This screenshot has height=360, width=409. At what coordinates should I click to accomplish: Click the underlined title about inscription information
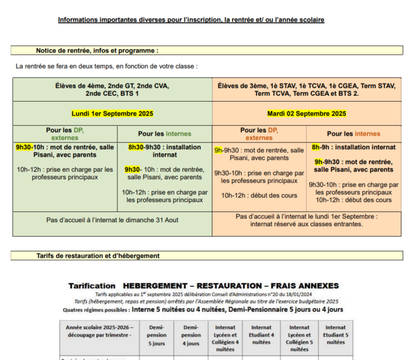click(x=191, y=20)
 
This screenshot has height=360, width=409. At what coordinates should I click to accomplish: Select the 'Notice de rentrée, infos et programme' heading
click(x=97, y=50)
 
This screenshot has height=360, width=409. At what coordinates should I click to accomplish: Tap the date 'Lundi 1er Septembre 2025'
click(x=112, y=113)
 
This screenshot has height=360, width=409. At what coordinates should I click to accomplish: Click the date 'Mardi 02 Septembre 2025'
click(x=307, y=113)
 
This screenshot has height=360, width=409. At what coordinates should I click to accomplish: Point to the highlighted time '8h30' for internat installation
click(x=136, y=148)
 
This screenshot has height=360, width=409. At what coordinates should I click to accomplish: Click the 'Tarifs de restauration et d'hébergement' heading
click(x=98, y=256)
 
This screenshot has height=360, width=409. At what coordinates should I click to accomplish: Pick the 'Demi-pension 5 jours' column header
click(x=157, y=334)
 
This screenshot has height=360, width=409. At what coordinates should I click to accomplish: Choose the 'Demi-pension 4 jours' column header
click(x=191, y=334)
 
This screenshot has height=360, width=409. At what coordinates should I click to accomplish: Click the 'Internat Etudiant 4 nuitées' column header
click(x=261, y=334)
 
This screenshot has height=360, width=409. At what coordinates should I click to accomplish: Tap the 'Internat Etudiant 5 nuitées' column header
click(x=336, y=334)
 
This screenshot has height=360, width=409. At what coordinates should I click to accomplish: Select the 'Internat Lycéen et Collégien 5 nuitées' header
click(x=300, y=334)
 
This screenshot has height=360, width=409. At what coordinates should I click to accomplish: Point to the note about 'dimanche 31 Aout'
click(x=112, y=220)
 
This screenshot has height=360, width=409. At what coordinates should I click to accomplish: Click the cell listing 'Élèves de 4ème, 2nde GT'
click(x=112, y=89)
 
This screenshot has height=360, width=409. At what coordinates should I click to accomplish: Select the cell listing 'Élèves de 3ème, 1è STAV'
click(x=307, y=89)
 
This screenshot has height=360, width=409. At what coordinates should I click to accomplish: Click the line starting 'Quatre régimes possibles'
click(x=203, y=310)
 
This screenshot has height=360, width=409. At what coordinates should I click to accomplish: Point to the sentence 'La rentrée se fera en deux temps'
click(x=106, y=66)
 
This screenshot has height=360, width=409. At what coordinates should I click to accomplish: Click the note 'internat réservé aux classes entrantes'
click(x=307, y=224)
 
